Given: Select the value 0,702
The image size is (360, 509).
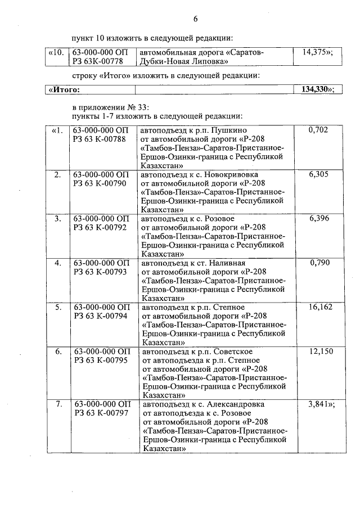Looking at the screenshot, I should pyautogui.click(x=318, y=130).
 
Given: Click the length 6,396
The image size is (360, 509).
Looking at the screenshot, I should pyautogui.click(x=318, y=218).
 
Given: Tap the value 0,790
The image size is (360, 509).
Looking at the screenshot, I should pyautogui.click(x=318, y=263).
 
